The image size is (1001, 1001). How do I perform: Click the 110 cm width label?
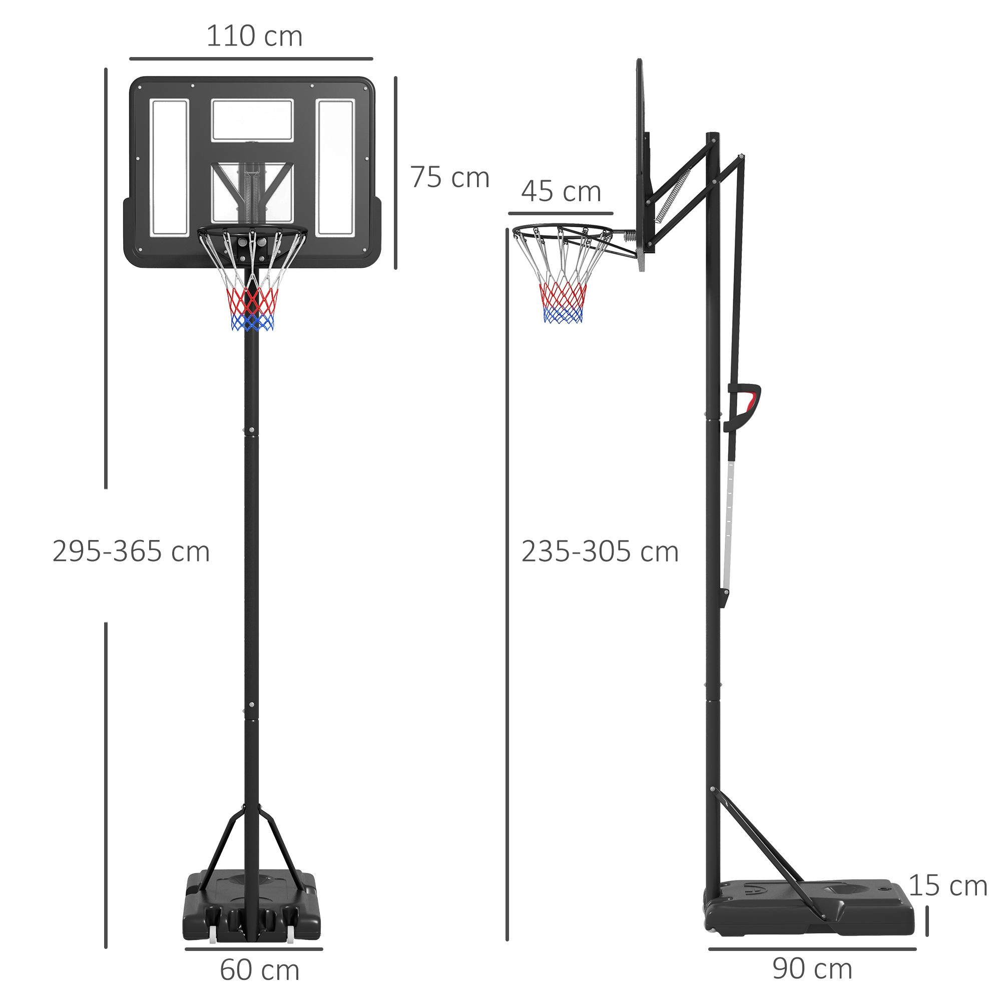point(254,36)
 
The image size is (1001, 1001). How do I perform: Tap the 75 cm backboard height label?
point(450,178)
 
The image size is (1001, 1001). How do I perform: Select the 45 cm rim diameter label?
point(561,192)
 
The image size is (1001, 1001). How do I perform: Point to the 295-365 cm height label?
point(131,551)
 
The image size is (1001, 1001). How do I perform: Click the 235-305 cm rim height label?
point(600,552)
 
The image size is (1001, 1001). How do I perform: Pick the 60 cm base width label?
point(260,970)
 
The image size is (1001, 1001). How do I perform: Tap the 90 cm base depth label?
point(812,968)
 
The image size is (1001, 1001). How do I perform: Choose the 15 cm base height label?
point(947,885)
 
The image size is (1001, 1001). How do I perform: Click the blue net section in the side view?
point(563,315)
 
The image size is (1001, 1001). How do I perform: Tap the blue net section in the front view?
point(252,323)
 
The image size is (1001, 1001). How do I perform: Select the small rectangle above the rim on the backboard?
point(252,120)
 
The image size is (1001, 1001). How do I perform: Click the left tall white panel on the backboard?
point(169,167)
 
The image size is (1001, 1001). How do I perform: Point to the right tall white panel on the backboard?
point(335,167)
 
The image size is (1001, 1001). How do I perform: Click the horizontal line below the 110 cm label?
point(251,59)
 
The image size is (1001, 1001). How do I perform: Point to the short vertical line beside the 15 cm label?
point(927,921)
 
